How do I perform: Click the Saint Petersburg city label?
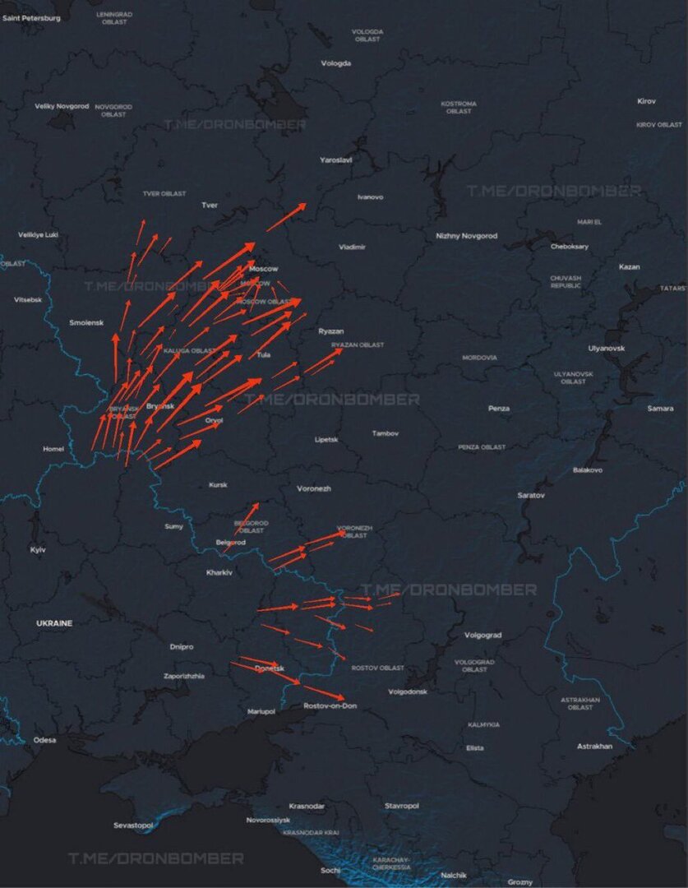pyautogui.click(x=32, y=18)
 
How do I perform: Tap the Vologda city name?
pyautogui.click(x=335, y=63)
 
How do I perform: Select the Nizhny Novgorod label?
pyautogui.click(x=466, y=236)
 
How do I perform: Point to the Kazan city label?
pyautogui.click(x=629, y=266)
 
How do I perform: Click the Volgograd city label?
pyautogui.click(x=483, y=635)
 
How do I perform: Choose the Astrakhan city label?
pyautogui.click(x=594, y=746)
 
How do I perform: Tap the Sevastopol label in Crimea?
pyautogui.click(x=133, y=825)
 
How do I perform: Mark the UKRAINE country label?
pyautogui.click(x=54, y=623)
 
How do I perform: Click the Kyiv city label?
pyautogui.click(x=38, y=549)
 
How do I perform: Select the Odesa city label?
pyautogui.click(x=45, y=740)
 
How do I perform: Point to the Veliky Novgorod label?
pyautogui.click(x=61, y=106)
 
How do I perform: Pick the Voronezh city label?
pyautogui.click(x=314, y=488)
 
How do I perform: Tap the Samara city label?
pyautogui.click(x=659, y=408)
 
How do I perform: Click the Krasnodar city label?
pyautogui.click(x=307, y=807)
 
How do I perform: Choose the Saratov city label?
pyautogui.click(x=531, y=495)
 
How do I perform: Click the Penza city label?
pyautogui.click(x=498, y=408)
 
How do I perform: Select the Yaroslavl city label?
pyautogui.click(x=335, y=160)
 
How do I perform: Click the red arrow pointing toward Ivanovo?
pyautogui.click(x=286, y=217)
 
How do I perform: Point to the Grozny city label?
pyautogui.click(x=519, y=882)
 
